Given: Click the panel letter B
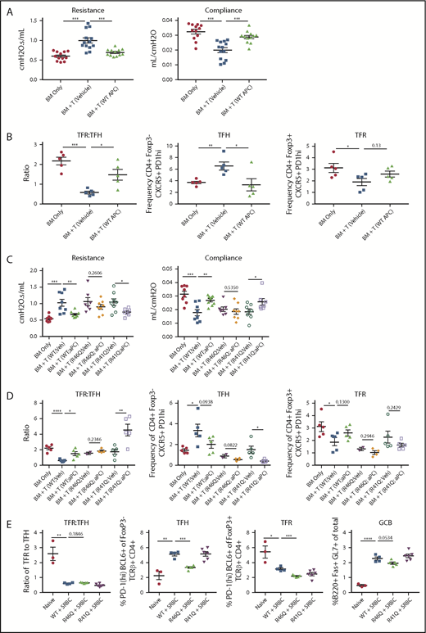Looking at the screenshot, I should [x=8, y=129].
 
